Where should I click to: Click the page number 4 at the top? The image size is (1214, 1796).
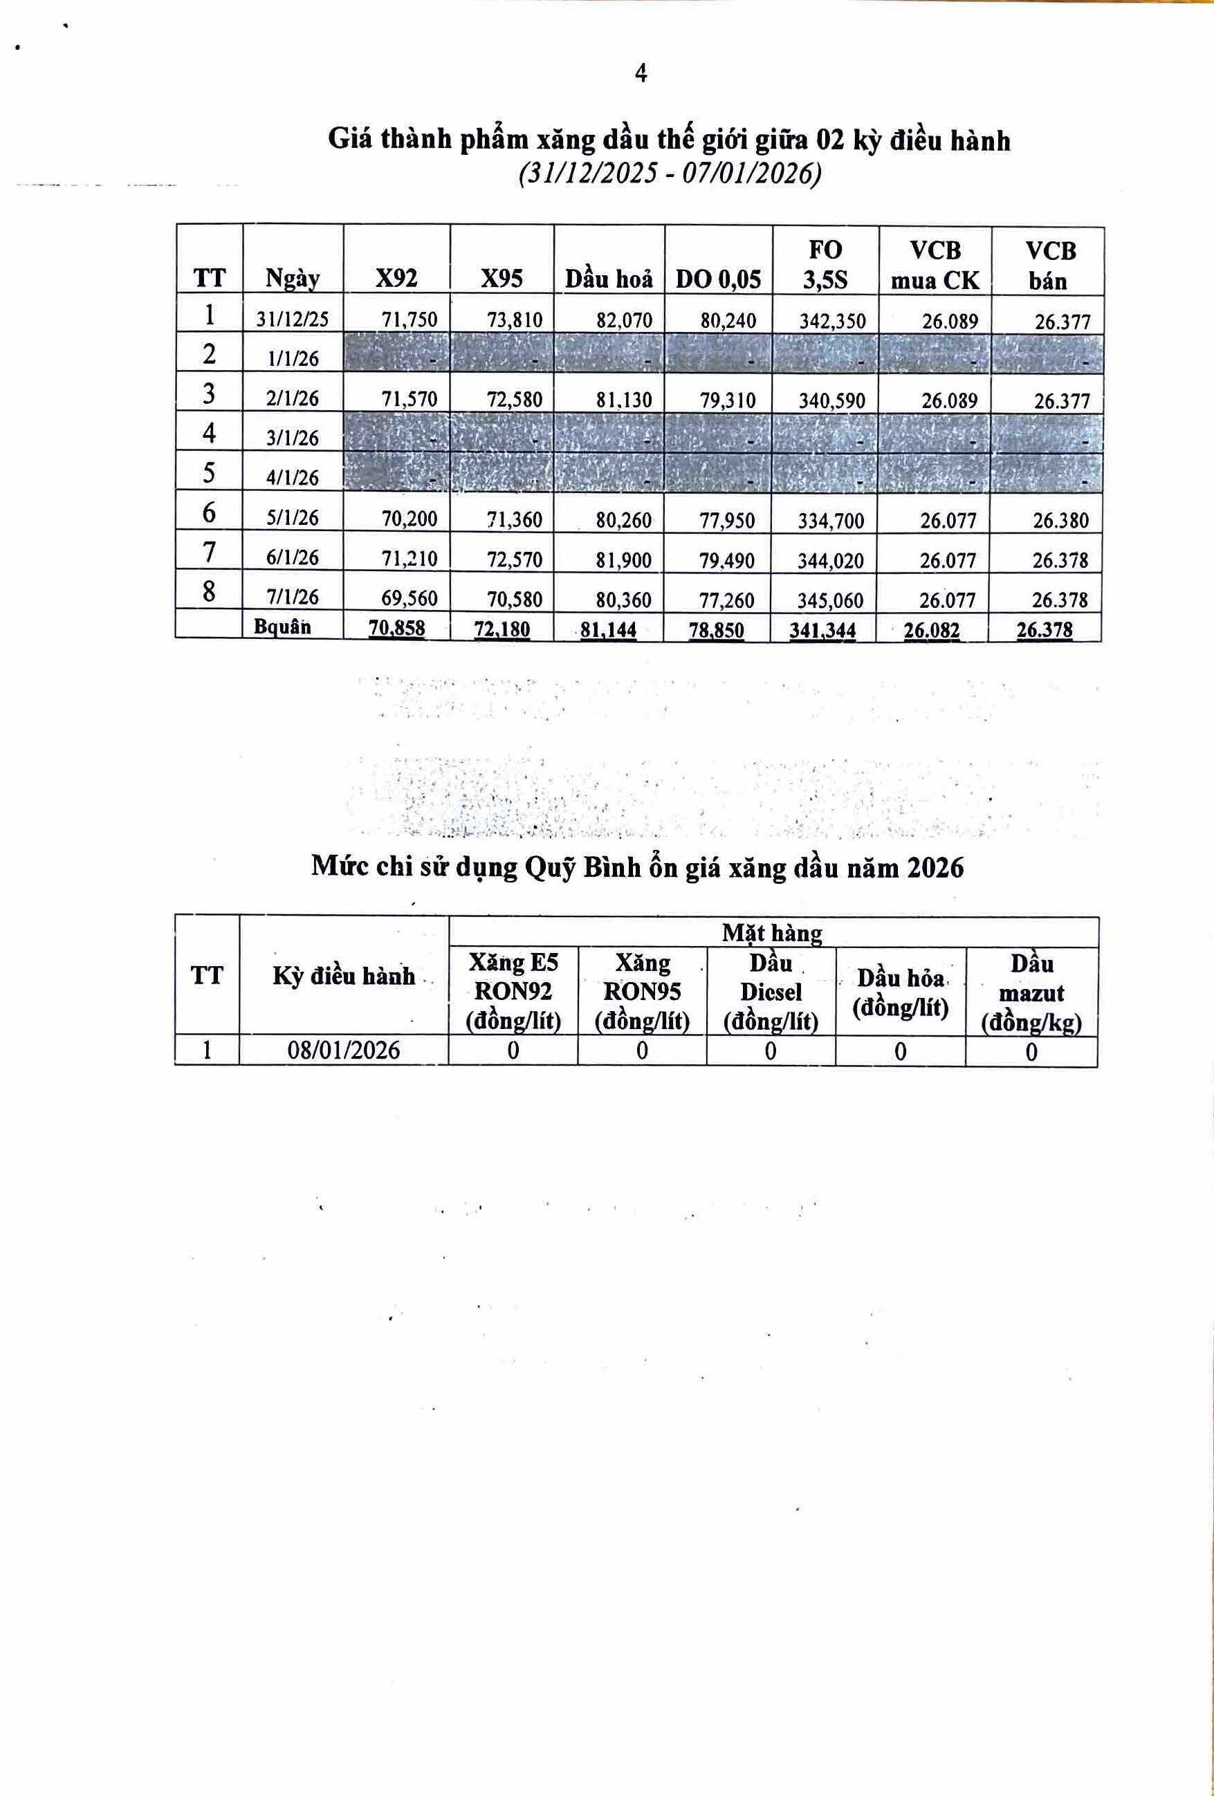[641, 73]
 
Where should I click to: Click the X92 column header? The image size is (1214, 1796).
[396, 277]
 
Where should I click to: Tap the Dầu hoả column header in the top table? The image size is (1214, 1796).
[609, 278]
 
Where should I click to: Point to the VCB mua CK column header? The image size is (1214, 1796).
[935, 265]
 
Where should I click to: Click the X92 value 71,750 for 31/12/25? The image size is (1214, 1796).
[410, 320]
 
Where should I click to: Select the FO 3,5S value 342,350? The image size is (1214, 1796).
[832, 321]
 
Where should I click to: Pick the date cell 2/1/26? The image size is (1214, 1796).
[293, 399]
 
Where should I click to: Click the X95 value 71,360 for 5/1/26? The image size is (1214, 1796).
[515, 519]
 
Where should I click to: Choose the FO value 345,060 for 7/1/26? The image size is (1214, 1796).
[831, 600]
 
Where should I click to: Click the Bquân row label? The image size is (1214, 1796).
[282, 626]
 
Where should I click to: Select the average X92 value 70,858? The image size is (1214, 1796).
[397, 629]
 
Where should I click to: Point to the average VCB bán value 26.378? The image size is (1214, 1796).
[1045, 630]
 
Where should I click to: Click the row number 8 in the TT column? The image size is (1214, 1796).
[209, 591]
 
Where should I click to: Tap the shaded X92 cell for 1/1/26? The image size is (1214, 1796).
[396, 353]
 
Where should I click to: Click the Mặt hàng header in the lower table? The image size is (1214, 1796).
[772, 933]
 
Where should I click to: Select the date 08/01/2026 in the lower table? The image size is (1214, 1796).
[344, 1050]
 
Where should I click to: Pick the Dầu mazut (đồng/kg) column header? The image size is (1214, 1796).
[1031, 992]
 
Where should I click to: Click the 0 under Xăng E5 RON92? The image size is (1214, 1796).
[513, 1051]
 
